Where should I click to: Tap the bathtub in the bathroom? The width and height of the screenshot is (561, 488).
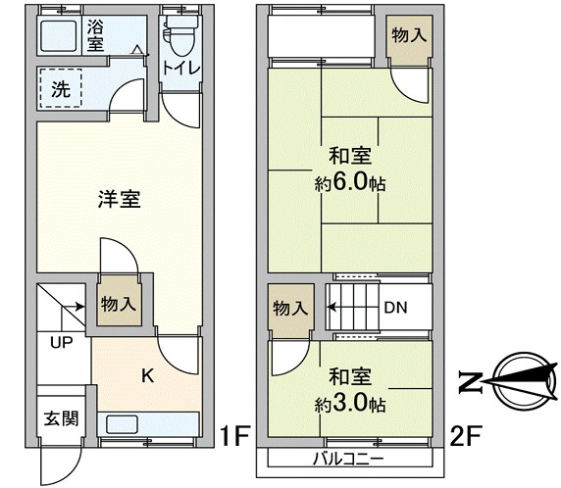[x=58, y=35]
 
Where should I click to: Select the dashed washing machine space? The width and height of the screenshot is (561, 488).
[x=61, y=88]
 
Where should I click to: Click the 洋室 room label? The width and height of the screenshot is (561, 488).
[x=120, y=199]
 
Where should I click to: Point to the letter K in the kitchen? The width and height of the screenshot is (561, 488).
[x=148, y=376]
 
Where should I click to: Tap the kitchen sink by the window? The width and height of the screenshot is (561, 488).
[x=122, y=424]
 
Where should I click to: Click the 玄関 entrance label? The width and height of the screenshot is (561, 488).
[x=61, y=418]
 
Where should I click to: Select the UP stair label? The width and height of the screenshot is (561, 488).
[x=62, y=342]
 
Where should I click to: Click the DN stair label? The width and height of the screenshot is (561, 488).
[x=395, y=308]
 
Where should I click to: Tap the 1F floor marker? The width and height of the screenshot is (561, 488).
[x=234, y=435]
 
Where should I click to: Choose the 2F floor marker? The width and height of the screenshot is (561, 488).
[x=466, y=435]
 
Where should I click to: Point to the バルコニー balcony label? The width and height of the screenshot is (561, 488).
[x=348, y=459]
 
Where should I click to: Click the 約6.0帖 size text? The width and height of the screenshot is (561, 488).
[x=350, y=182]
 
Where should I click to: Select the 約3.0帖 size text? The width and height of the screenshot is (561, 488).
[x=350, y=405]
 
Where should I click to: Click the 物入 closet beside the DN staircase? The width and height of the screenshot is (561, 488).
[x=290, y=308]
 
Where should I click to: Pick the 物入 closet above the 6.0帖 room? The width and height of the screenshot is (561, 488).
[x=409, y=35]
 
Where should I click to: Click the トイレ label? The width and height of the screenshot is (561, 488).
[x=181, y=68]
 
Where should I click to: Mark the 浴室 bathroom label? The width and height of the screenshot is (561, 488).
[x=96, y=34]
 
